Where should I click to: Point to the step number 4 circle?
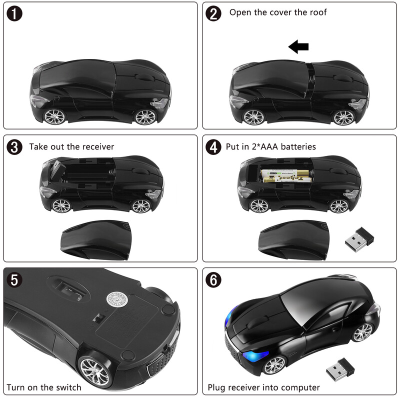213,147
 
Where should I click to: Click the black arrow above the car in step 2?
298,47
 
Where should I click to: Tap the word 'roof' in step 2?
315,12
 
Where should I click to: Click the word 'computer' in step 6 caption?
298,387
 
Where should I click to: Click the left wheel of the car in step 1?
54,116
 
